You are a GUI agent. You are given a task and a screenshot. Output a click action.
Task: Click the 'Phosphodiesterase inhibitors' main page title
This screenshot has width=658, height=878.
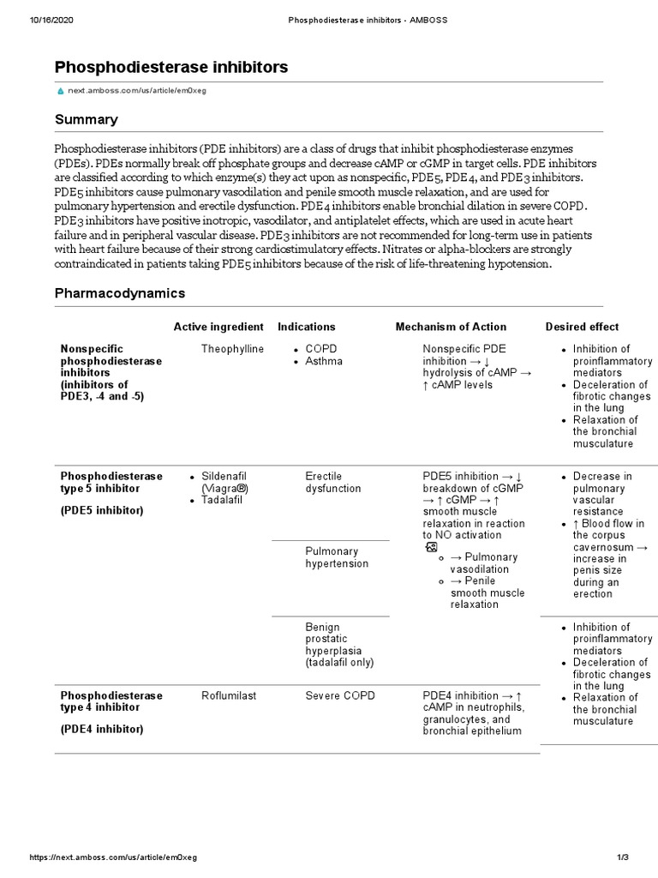click(171, 67)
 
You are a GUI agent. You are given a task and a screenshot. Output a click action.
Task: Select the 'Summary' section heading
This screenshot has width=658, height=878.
click(87, 119)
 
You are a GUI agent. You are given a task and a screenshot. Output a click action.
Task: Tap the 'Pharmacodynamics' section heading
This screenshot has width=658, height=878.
click(120, 293)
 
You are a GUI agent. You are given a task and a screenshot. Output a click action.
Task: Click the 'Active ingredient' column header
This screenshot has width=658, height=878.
click(218, 327)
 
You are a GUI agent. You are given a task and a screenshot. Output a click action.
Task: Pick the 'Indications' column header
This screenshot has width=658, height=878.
click(307, 327)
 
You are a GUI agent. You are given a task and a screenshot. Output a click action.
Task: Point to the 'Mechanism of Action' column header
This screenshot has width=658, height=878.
click(451, 327)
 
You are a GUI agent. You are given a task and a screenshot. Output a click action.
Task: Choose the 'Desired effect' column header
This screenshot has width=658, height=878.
click(582, 327)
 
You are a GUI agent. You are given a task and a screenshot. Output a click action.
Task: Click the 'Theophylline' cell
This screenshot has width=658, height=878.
click(232, 349)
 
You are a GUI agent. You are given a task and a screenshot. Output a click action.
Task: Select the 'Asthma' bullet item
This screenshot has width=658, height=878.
click(324, 361)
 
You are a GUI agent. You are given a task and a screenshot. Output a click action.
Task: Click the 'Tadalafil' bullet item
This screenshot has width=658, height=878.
click(223, 500)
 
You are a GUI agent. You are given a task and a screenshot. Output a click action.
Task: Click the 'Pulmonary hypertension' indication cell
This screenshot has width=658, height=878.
click(337, 557)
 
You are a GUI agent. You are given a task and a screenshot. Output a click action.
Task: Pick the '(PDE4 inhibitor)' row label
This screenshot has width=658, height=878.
click(102, 730)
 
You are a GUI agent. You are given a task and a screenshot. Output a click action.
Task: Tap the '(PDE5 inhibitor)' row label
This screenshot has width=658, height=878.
click(102, 510)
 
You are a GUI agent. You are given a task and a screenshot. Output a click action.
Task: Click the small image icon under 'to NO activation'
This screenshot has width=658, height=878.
click(431, 546)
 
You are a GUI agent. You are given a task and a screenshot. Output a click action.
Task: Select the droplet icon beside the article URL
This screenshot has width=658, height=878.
click(60, 90)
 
